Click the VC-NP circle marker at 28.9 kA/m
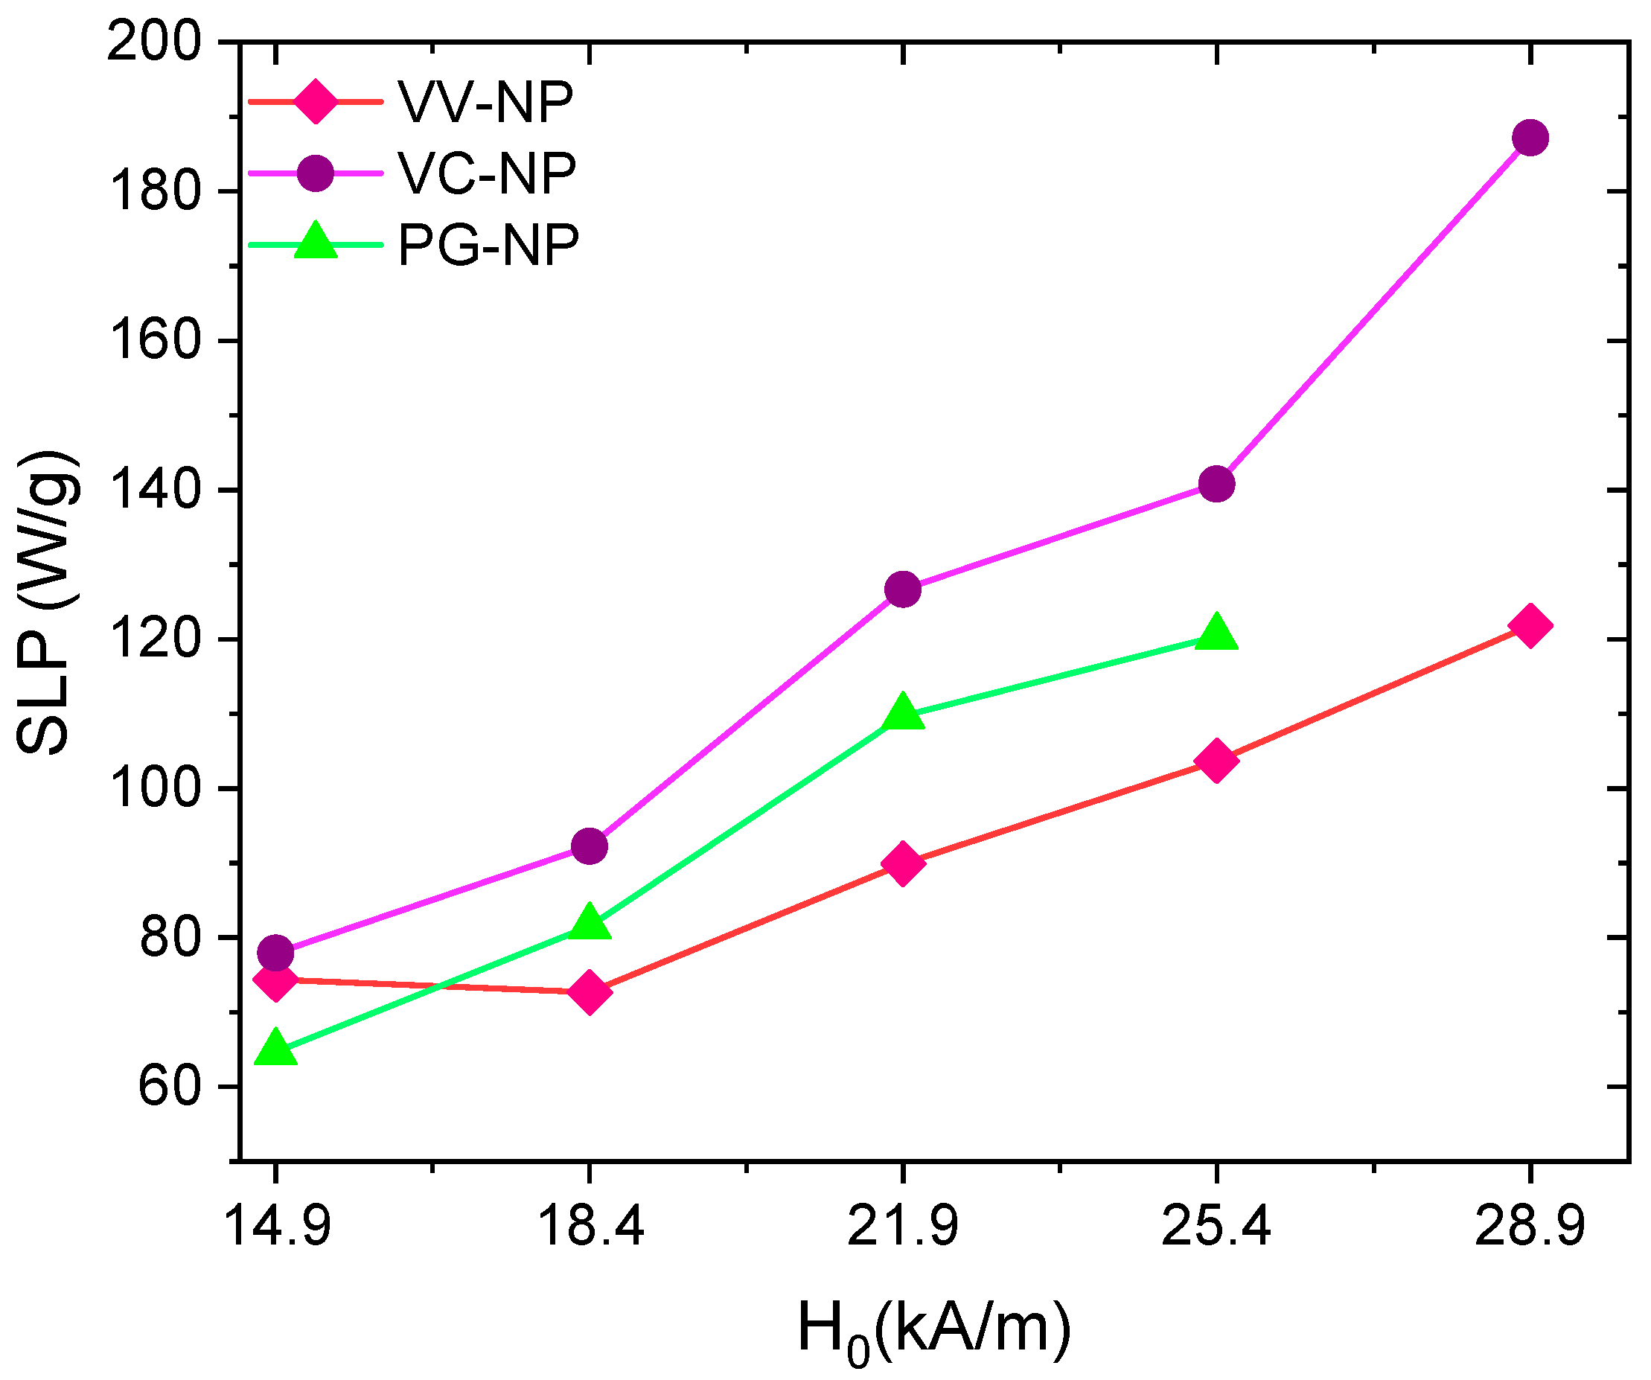coord(1530,138)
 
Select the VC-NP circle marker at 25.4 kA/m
coord(1216,484)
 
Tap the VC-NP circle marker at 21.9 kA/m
coord(903,589)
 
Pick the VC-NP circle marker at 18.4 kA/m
coord(590,846)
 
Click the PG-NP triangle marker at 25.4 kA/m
coord(1216,633)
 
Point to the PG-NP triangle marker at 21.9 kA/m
coord(903,712)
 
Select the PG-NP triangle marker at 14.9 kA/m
coord(275,1048)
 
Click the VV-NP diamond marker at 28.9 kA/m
coord(1530,625)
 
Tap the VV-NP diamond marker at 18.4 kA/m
coord(590,991)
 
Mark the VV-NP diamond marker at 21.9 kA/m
coord(903,863)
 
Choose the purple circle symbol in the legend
coord(316,172)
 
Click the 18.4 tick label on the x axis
coord(590,1227)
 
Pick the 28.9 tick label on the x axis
coord(1530,1227)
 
